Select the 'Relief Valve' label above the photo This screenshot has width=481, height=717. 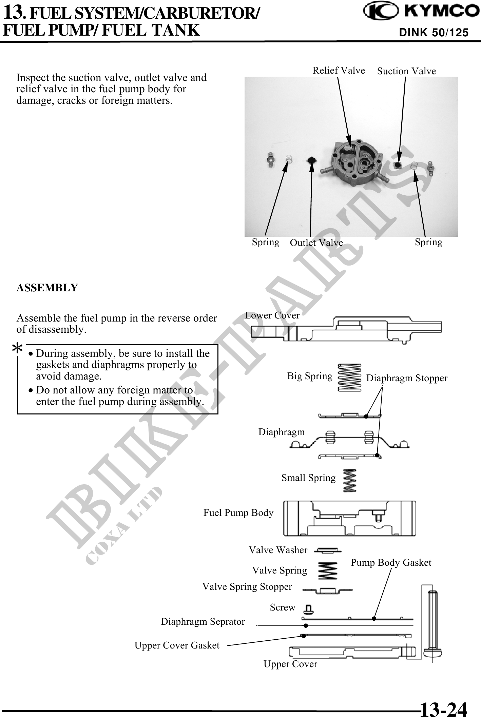pos(339,70)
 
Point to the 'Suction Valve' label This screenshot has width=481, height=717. pos(406,71)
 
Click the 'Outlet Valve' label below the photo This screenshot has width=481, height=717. pos(316,243)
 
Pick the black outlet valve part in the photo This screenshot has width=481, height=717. pos(311,161)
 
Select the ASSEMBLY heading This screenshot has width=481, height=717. pos(47,288)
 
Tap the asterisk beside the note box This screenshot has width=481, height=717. pos(17,348)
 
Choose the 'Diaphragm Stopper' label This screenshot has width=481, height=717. pos(407,378)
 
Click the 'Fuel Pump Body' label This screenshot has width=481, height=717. pos(238,512)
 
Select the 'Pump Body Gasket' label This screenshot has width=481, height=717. pos(391,562)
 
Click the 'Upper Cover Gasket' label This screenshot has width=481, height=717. pos(177,645)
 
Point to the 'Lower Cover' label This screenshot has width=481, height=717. pos(272,315)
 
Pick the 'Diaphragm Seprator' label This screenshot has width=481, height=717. pos(203,621)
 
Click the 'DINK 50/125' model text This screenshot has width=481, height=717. pos(434,33)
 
